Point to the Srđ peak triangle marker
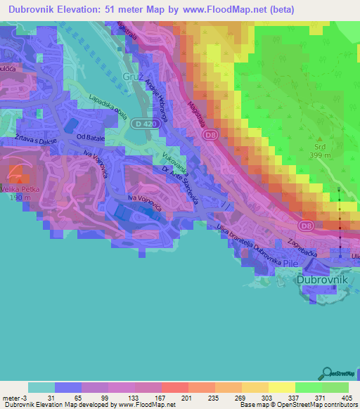click(x=319, y=139)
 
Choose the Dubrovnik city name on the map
click(x=323, y=279)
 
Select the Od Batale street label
click(x=91, y=137)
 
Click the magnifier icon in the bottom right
click(x=328, y=372)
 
